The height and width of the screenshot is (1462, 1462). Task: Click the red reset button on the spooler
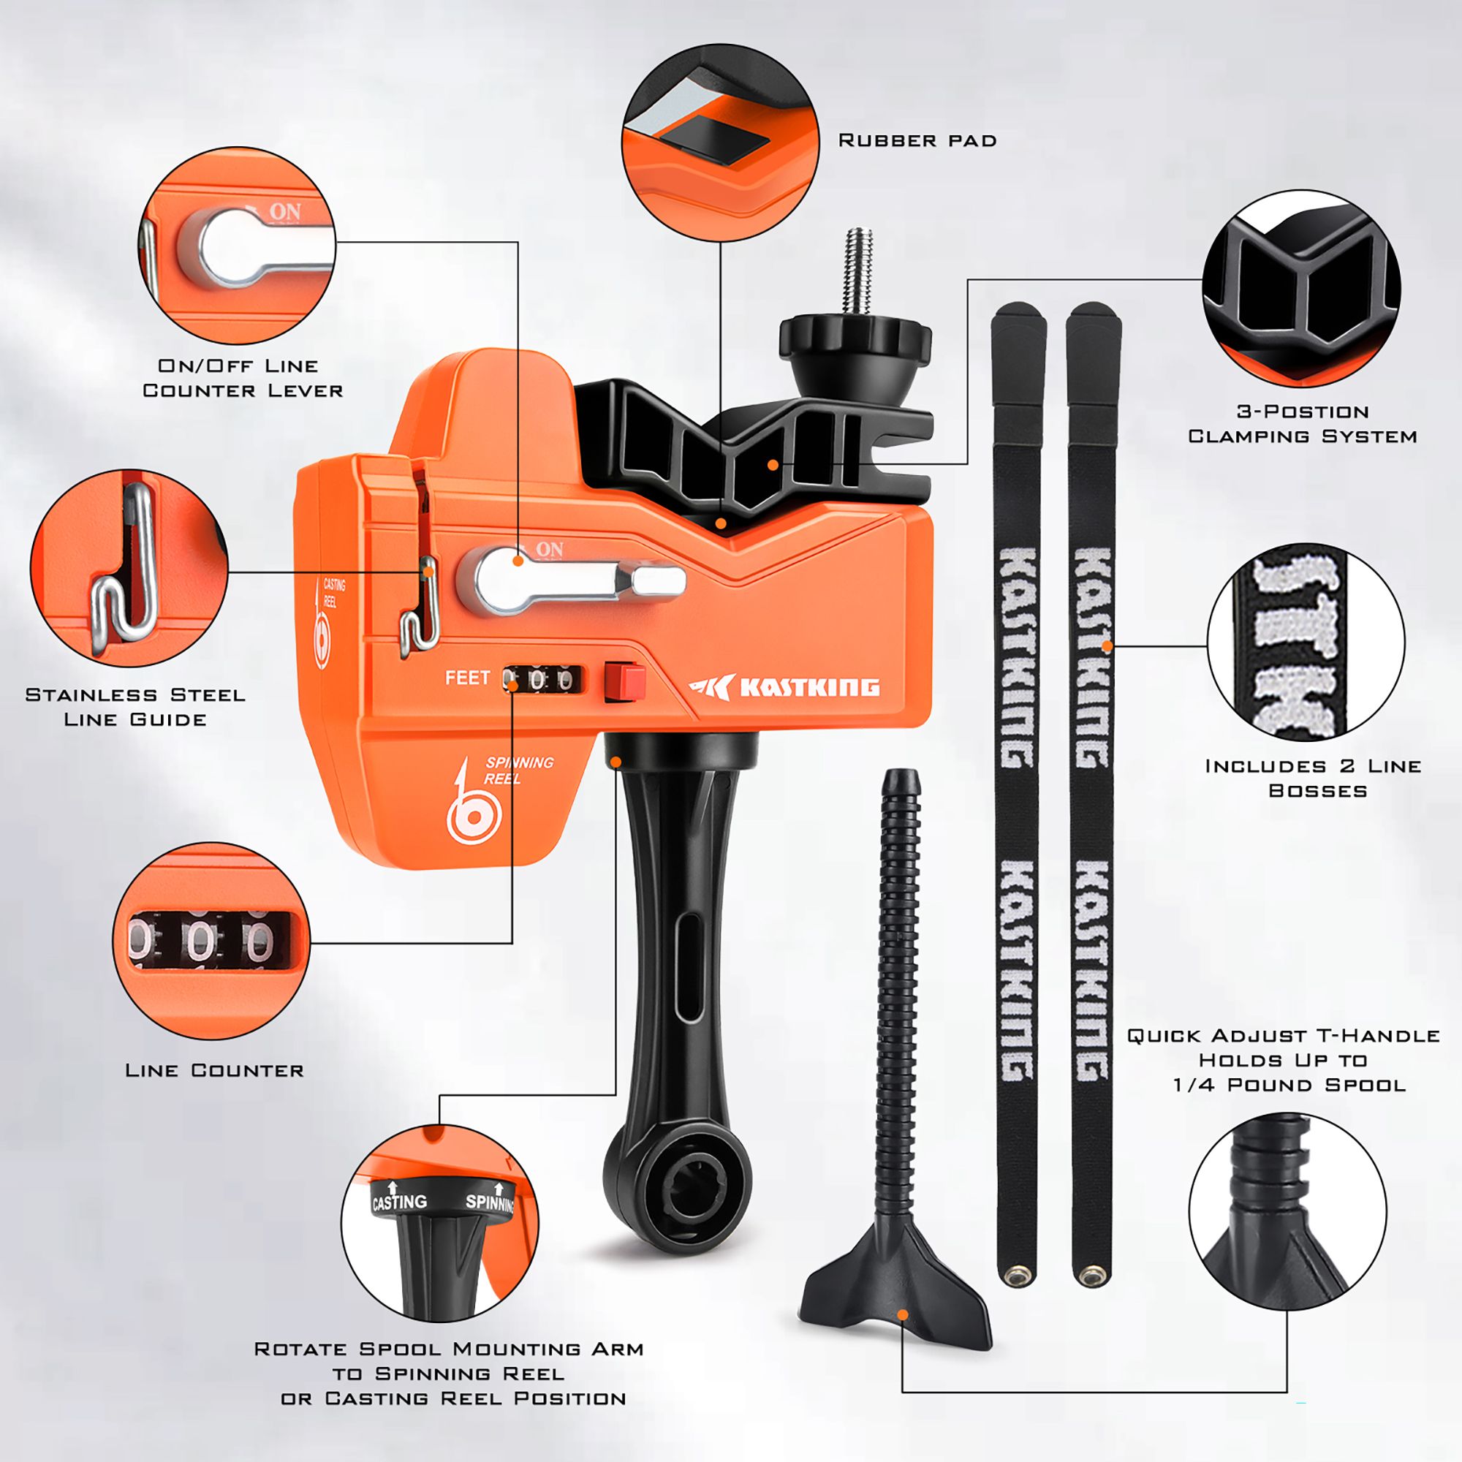625,681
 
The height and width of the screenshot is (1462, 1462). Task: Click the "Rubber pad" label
917,141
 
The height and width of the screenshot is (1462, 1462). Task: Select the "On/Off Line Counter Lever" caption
242,378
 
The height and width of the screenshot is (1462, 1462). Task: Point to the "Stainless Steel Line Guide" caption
135,707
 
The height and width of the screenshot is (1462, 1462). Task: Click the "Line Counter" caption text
214,1070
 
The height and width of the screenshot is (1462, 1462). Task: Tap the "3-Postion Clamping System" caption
1302,424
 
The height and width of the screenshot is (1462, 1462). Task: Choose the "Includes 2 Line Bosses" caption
1313,778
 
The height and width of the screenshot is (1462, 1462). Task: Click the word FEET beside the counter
467,678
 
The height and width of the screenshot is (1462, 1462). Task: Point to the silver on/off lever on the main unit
575,582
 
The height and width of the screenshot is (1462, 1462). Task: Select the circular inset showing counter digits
211,941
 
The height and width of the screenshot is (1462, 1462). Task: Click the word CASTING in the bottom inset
400,1202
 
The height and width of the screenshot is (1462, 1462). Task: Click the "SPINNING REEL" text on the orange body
518,770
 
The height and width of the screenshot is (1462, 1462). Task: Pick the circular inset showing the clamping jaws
1301,288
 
